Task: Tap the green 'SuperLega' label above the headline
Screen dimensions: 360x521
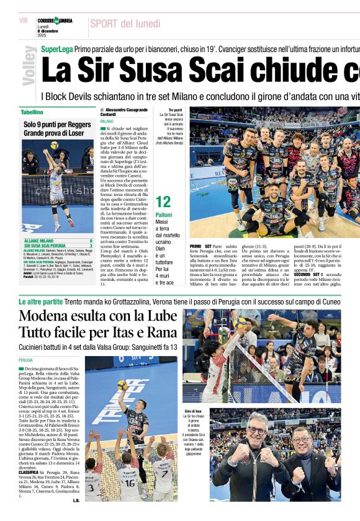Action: (x=56, y=48)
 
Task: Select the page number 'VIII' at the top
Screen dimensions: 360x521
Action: (x=24, y=21)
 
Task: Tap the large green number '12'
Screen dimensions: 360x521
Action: (x=163, y=202)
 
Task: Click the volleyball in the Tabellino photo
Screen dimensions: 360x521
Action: (x=55, y=145)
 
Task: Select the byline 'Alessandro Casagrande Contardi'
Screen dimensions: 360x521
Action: (x=124, y=112)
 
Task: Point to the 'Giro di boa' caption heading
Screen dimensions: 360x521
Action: (x=193, y=411)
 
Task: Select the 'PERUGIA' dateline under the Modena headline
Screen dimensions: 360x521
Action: (x=25, y=360)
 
